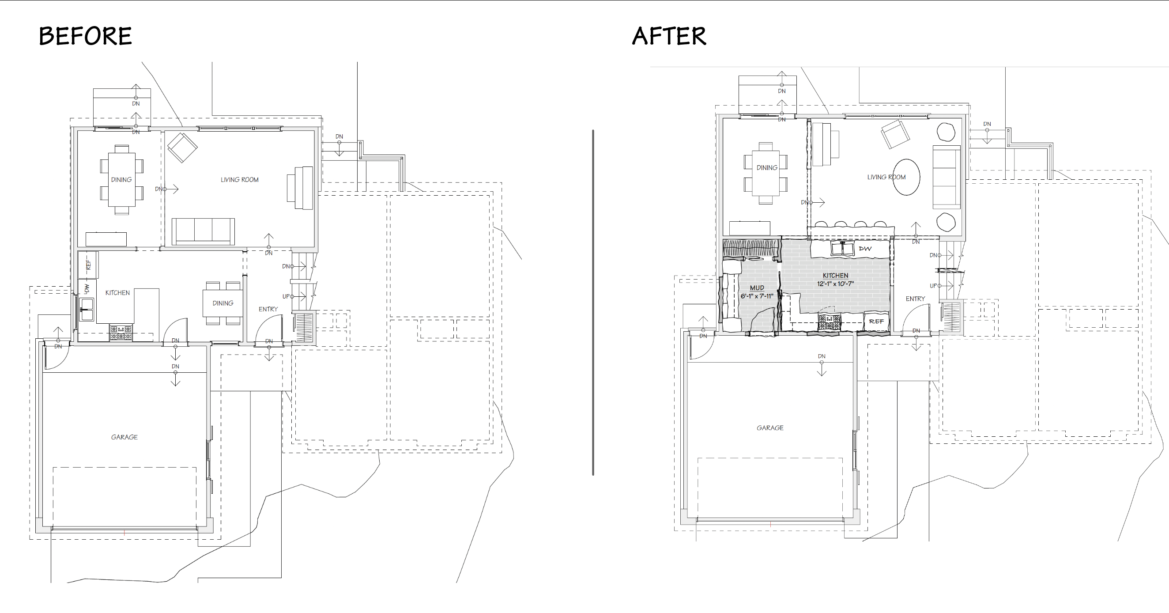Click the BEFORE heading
coord(85,36)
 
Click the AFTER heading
coord(669,36)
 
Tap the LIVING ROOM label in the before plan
coord(240,180)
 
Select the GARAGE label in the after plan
coord(770,428)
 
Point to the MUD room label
coord(757,288)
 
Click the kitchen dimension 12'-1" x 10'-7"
coord(835,284)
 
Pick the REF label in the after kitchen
coord(876,322)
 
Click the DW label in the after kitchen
coord(865,249)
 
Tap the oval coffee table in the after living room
coord(906,177)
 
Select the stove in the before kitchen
coord(121,333)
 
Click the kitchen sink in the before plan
coord(86,309)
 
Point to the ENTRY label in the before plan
coord(268,309)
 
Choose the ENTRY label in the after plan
coord(915,299)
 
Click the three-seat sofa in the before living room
coord(203,231)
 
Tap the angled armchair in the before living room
coord(182,148)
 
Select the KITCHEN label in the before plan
coord(117,293)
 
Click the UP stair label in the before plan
coord(287,296)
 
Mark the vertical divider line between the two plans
coord(593,303)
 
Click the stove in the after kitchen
coord(829,322)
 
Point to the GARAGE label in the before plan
coord(124,437)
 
